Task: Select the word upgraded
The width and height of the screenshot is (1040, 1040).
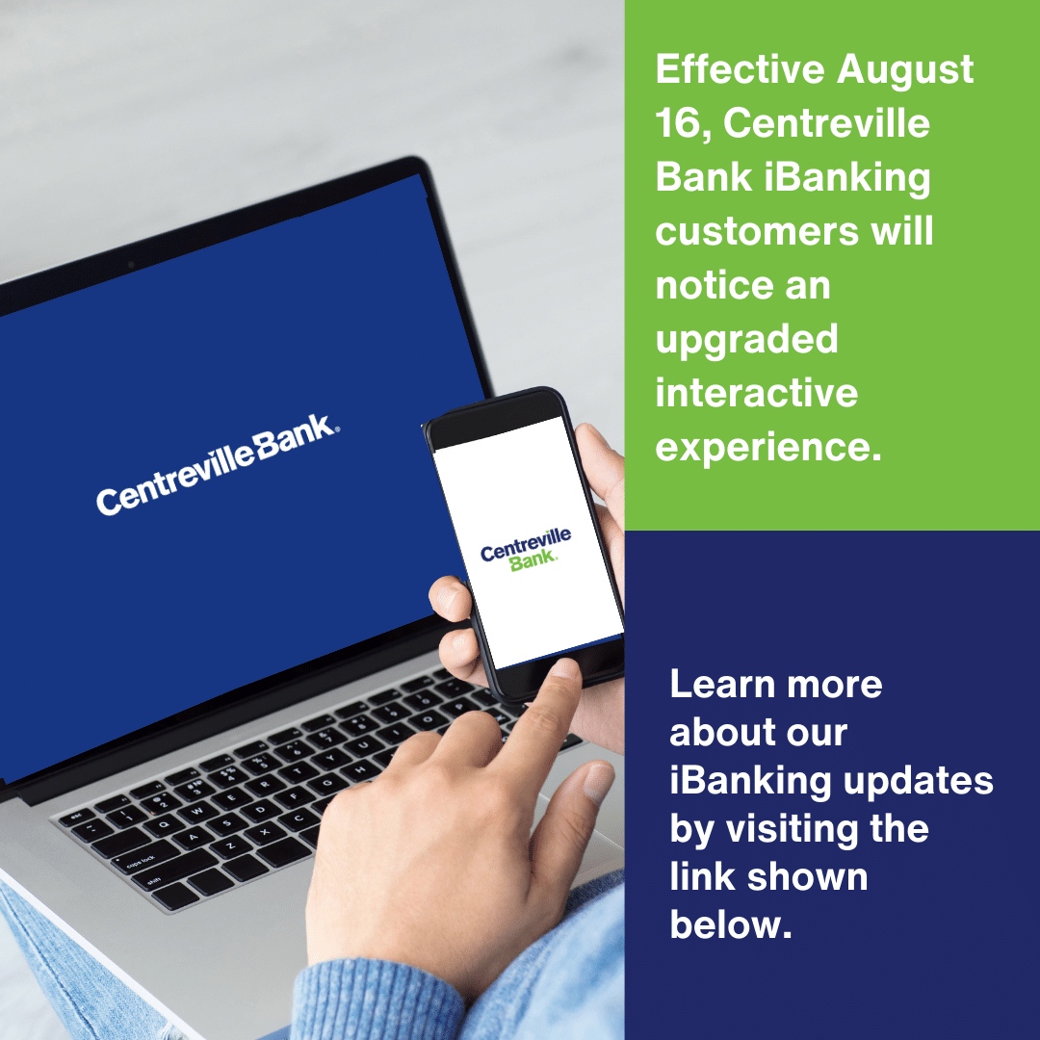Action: (x=746, y=341)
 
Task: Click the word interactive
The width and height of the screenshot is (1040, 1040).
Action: (x=756, y=392)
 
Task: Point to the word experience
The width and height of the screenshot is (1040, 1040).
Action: (x=768, y=448)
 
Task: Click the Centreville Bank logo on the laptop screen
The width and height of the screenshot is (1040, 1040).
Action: (x=218, y=463)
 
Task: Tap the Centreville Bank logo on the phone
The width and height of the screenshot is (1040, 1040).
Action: (x=526, y=549)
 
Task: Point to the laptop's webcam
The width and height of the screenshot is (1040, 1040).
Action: (x=131, y=265)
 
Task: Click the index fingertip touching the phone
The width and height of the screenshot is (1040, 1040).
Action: (x=564, y=671)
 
